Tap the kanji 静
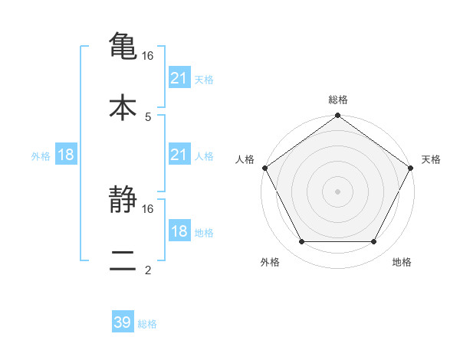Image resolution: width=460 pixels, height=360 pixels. coord(123,201)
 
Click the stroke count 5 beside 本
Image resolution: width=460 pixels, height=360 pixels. coord(148,116)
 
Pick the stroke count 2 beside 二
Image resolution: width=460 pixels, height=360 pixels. coord(148,270)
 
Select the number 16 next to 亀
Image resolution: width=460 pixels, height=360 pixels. coord(149,56)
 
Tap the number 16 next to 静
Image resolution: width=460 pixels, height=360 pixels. coord(148,208)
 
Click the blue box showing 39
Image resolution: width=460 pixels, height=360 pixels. coord(123,323)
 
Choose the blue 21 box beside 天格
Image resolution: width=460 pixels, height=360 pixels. coord(179,78)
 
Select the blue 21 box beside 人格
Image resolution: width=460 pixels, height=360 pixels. coord(179,155)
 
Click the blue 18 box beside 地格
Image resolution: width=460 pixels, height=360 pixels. coord(179,231)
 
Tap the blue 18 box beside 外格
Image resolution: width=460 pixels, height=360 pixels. coord(66,155)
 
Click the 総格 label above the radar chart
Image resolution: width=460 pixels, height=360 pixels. coord(338,100)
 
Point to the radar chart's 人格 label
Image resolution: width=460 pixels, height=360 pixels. coord(245,159)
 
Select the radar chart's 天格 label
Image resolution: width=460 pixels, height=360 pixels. coord(432,159)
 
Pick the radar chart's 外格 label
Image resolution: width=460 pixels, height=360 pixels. coord(270,262)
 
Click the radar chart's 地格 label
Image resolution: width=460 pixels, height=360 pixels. coord(402,262)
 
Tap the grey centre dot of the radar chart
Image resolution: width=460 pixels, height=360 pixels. coord(337,191)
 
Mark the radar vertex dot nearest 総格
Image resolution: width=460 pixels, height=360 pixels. coord(337,116)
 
